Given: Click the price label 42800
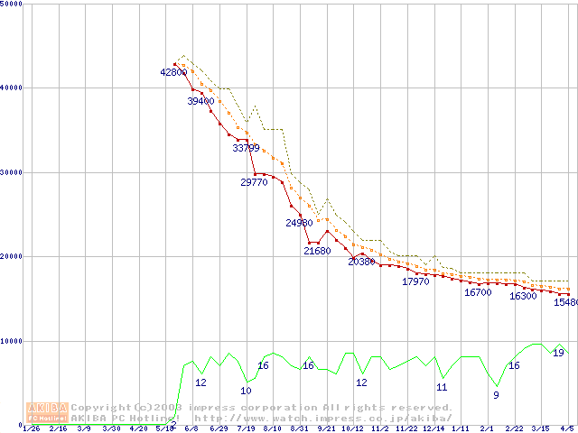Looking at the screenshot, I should (173, 72).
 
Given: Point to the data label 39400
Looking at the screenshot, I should (200, 102).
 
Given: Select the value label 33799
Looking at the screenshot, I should (246, 149).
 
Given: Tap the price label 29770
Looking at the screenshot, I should (254, 182).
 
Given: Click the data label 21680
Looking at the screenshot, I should (317, 252).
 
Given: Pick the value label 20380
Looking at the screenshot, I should (361, 262).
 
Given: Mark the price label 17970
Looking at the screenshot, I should (415, 282).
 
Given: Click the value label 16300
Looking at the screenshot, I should (523, 296).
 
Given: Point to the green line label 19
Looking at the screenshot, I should (558, 353).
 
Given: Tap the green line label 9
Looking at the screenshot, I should (496, 395).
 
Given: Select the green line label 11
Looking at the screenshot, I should (442, 387).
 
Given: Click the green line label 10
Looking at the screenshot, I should (246, 391).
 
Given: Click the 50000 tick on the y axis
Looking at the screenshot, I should (12, 5).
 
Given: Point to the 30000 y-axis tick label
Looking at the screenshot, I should (12, 172).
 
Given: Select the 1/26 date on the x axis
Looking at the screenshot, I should (31, 428).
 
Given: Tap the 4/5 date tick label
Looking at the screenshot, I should (567, 428).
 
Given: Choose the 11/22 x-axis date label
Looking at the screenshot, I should (406, 428).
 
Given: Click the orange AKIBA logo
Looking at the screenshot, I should (47, 412).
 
